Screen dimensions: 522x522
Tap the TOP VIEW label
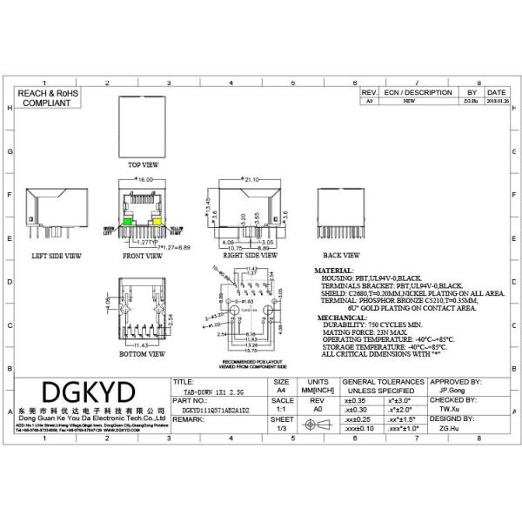click(143, 164)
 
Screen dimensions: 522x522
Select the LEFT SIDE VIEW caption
click(56, 257)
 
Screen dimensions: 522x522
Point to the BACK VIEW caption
click(341, 256)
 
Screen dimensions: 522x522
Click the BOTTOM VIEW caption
click(143, 355)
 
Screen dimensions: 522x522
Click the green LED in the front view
click(127, 224)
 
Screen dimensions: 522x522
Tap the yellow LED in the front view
click(157, 224)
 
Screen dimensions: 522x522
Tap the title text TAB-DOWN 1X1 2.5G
click(210, 392)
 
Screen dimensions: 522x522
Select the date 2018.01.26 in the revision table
click(497, 102)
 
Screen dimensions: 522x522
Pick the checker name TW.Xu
click(448, 407)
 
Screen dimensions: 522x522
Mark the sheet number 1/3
click(281, 428)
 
